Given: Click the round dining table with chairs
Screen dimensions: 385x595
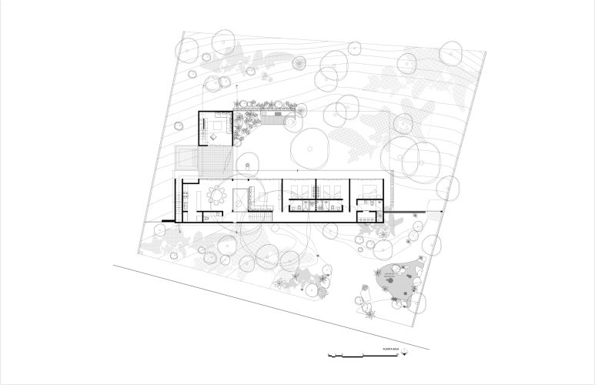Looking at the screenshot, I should (218, 195).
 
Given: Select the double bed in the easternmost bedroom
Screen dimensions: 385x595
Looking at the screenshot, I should (369, 189).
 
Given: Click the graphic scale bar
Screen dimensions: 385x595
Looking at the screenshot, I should (346, 355).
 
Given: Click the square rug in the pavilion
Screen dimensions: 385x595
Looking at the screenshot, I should (220, 127).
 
